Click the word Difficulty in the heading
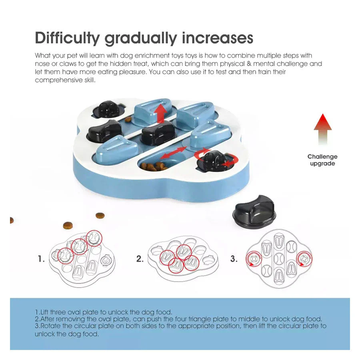pos(67,38)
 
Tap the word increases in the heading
pos(217,38)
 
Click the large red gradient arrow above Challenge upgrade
pos(322,129)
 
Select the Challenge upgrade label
pos(322,160)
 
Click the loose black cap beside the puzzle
pos(254,212)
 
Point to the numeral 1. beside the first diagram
pos(41,259)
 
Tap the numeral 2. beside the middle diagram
pos(140,259)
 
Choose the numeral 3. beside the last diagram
pos(234,259)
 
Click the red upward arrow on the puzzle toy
pos(160,113)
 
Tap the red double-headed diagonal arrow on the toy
pos(173,153)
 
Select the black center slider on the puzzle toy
pos(158,133)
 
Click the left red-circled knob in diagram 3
pos(254,259)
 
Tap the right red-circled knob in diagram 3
pos(304,259)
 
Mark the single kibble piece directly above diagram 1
pos(68,225)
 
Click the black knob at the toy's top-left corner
pos(108,109)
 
